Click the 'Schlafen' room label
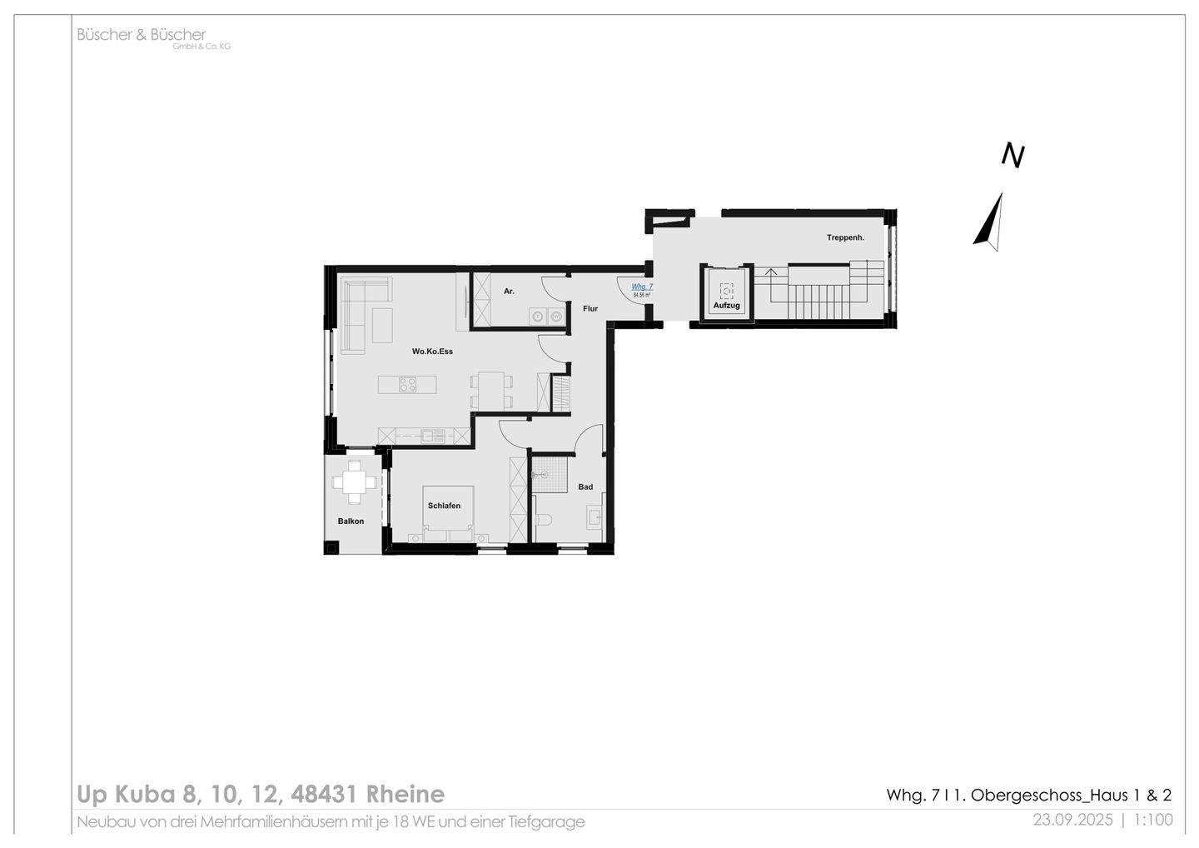pos(444,506)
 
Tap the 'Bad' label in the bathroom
pos(585,486)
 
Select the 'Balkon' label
pos(351,521)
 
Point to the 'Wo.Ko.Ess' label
pos(432,352)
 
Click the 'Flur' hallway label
pos(590,309)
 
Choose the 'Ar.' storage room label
pos(509,292)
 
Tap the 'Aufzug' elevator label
pos(726,306)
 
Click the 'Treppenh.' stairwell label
pos(845,237)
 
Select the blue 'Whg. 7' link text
pos(642,287)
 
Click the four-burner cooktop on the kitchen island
pos(408,385)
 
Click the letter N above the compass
pos(1012,156)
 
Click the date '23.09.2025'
pos(1072,820)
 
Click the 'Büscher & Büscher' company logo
pos(142,35)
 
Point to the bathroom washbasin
pos(595,519)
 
